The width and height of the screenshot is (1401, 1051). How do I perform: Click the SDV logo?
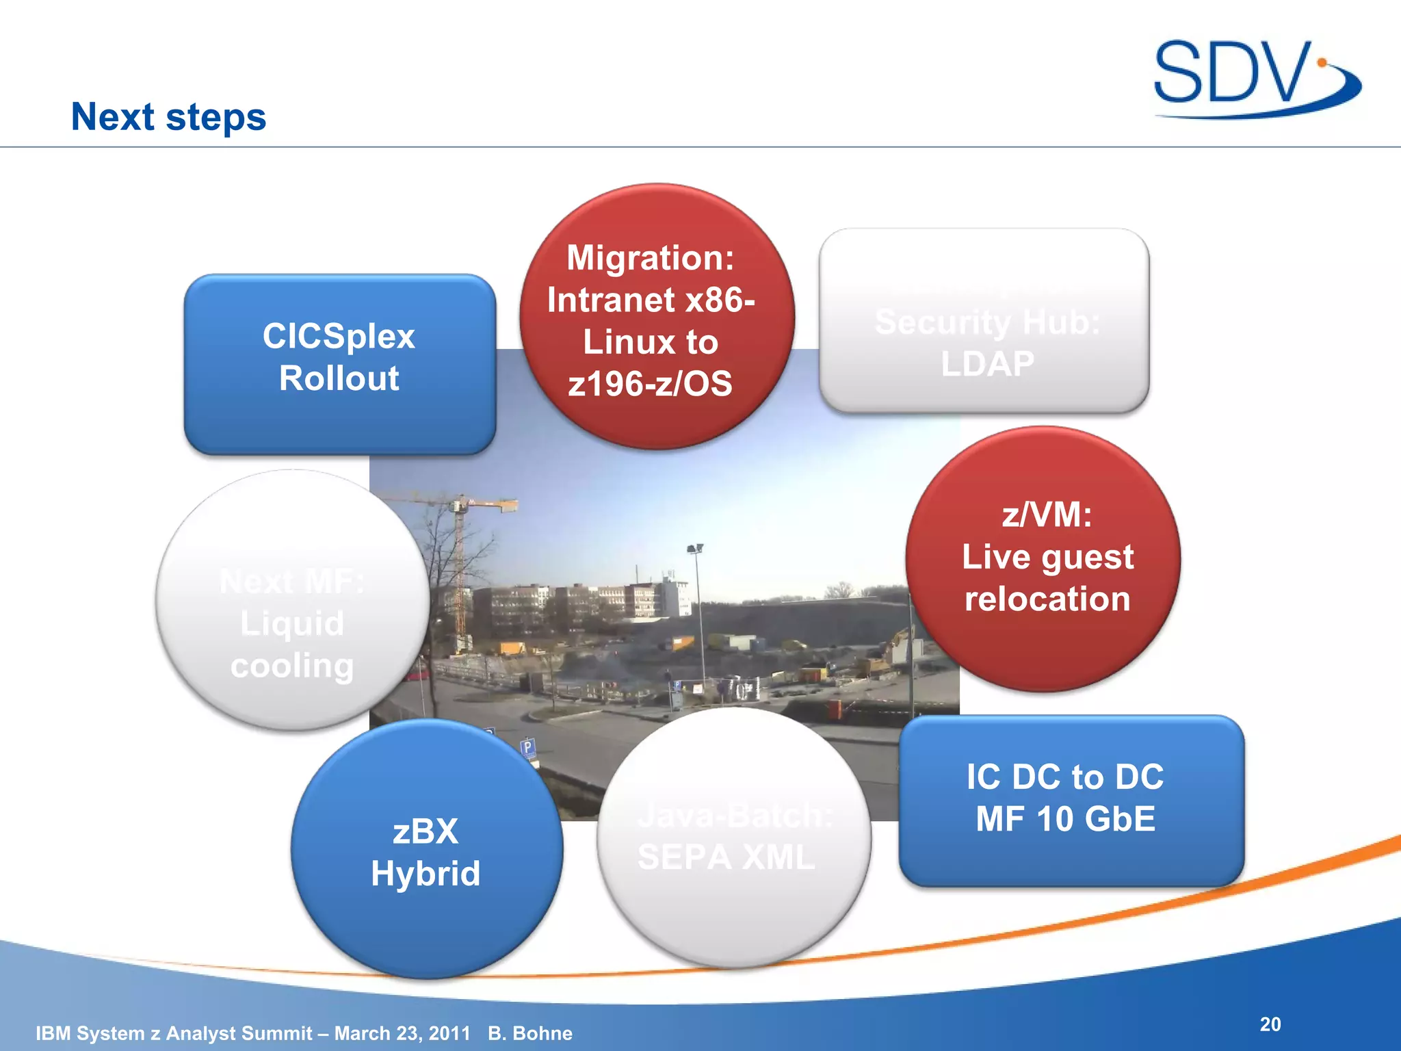coord(1255,77)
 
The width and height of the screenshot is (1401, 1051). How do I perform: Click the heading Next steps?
coord(168,117)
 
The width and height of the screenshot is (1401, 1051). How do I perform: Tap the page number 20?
coord(1270,1024)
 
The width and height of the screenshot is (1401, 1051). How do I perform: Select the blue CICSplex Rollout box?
coord(339,365)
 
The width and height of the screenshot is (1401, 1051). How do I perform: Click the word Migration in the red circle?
coord(649,258)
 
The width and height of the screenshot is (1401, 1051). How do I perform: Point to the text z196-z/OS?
coord(650,384)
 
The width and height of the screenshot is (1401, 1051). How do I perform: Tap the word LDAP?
coord(987,364)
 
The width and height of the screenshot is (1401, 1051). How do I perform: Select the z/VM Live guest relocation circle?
coord(1043,558)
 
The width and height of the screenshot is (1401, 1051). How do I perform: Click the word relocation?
coord(1047,599)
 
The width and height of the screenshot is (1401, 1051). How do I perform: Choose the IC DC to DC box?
coord(1071,801)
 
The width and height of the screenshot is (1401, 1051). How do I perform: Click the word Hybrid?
coord(425,874)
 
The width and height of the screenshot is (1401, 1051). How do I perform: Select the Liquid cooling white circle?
coord(292,601)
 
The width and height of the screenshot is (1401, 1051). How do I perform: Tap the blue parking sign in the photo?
coord(527,747)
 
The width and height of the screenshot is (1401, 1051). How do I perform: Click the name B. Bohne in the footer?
coord(530,1033)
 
